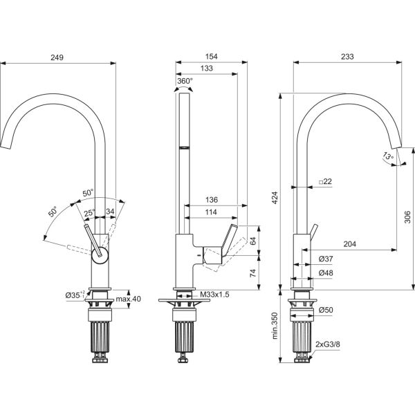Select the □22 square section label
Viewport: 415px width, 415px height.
(x=325, y=181)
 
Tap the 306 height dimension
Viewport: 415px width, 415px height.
(x=407, y=217)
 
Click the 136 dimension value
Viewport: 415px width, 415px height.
(x=212, y=200)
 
